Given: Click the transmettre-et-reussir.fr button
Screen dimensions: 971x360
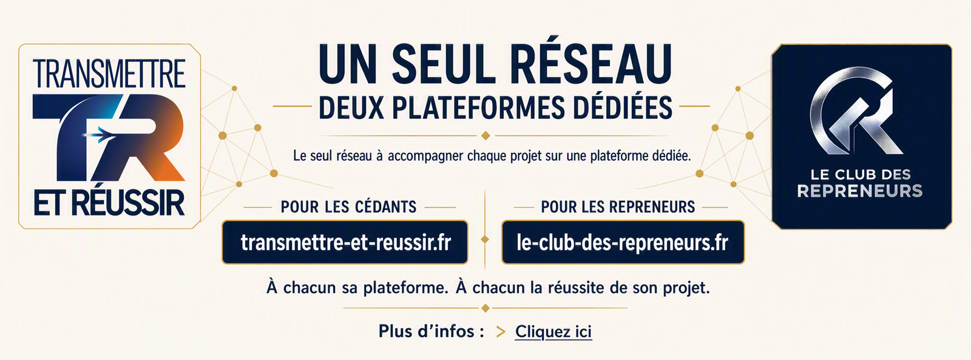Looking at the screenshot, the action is click(345, 242).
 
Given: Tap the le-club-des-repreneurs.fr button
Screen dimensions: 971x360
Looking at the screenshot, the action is click(623, 242).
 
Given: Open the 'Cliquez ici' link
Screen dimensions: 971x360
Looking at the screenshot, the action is click(553, 332).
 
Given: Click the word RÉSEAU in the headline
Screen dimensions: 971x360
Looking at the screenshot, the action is click(590, 64).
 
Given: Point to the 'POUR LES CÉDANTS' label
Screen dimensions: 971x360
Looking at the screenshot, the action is click(348, 208).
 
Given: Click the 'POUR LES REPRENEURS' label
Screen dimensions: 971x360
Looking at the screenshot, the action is click(618, 208).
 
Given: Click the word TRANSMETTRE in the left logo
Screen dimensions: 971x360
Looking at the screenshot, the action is click(109, 73).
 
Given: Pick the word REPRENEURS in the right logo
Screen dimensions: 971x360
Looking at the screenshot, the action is click(860, 191).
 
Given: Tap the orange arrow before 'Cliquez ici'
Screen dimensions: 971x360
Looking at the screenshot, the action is click(501, 332).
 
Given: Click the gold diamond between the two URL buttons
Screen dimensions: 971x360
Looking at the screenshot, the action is click(485, 239).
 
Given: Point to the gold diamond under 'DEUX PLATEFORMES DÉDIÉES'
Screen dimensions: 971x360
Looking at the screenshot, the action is click(486, 136).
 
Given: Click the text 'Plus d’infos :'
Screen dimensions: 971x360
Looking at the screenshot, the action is click(431, 331).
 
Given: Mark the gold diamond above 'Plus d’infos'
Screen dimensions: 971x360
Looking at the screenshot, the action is click(486, 308).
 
